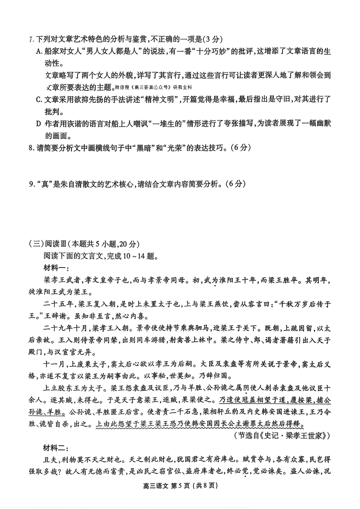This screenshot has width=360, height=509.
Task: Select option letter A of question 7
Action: coord(39,51)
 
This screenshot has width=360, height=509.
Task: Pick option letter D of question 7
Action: coord(39,123)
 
